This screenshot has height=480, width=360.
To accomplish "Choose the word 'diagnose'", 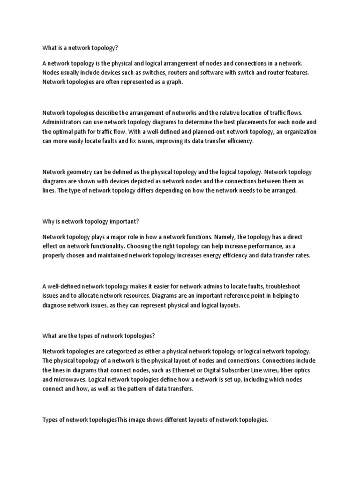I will (x=56, y=305).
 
